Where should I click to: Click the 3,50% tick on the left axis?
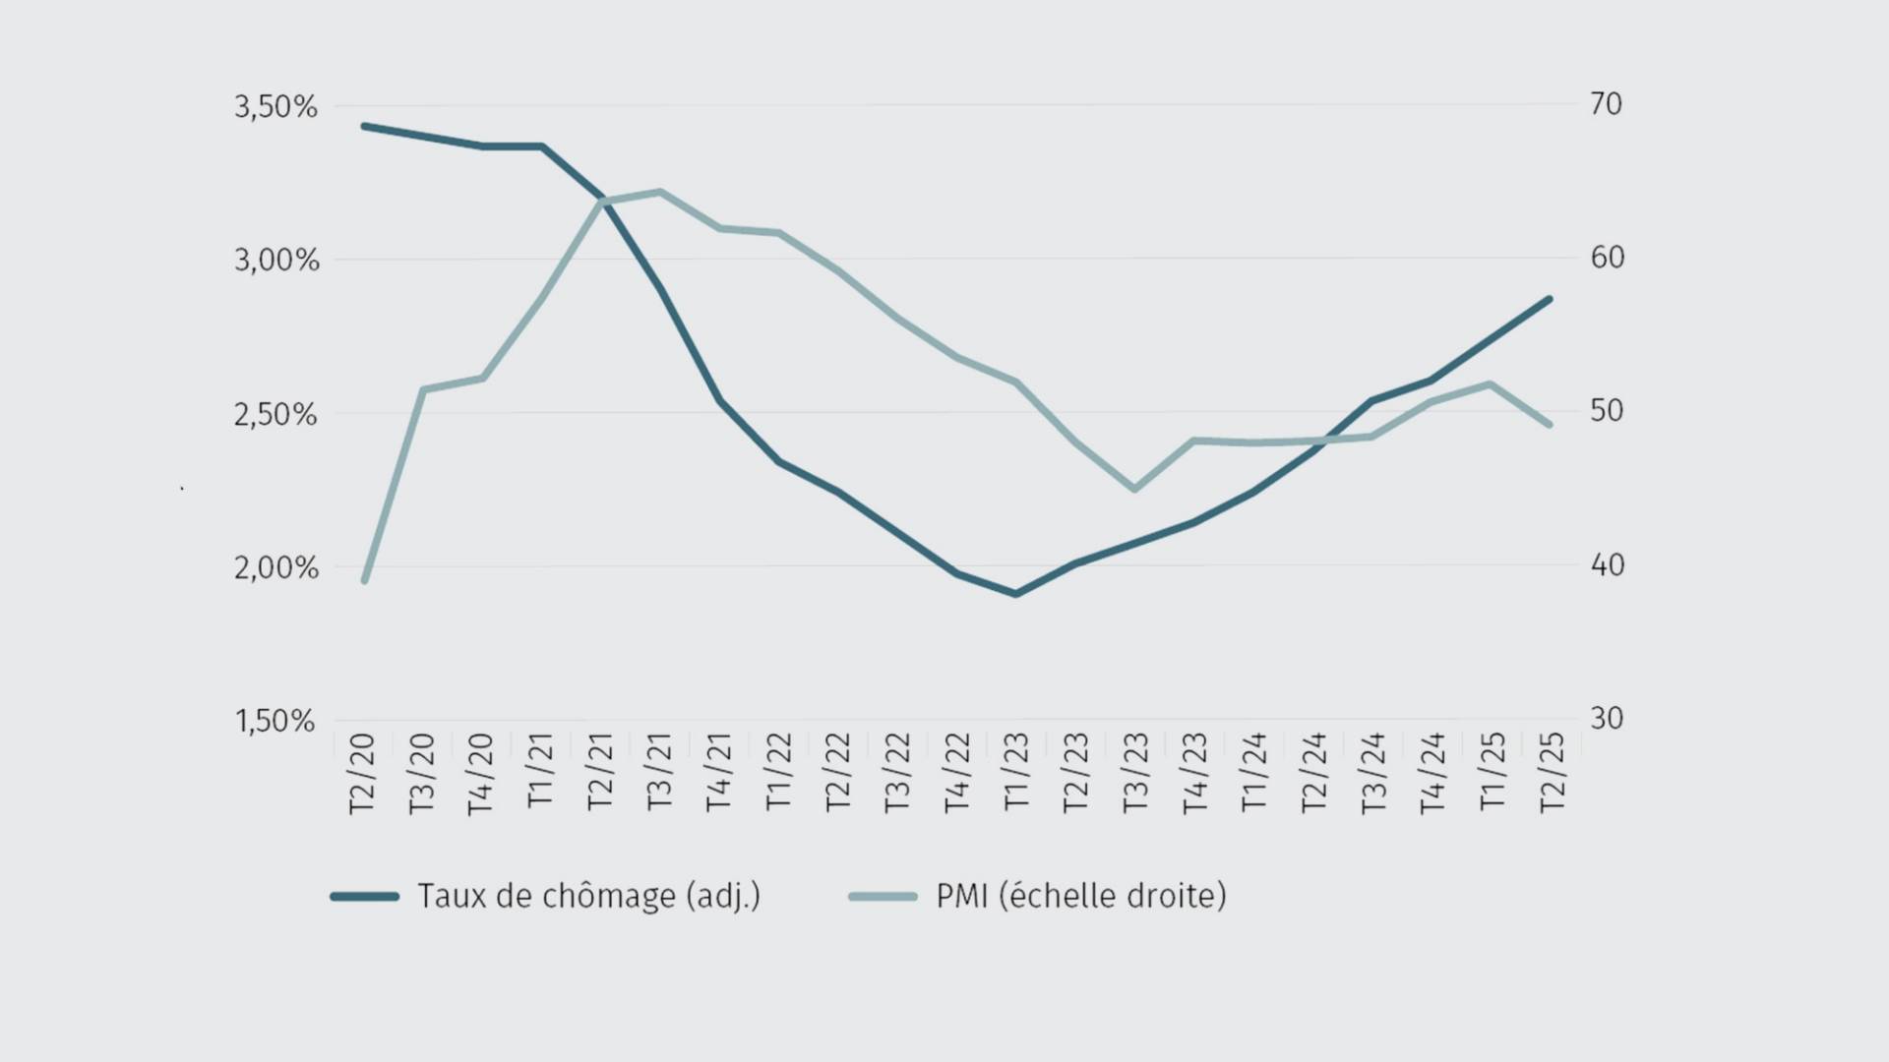[275, 106]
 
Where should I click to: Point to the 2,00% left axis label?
[275, 567]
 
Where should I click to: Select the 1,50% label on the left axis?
[274, 721]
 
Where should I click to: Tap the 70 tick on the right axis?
[1606, 103]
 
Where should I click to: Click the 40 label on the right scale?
[1607, 564]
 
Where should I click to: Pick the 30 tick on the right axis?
[1606, 718]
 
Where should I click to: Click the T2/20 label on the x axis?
[362, 773]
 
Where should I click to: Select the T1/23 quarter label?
[1016, 773]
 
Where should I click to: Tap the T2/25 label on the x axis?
[1552, 773]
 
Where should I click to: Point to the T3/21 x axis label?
[659, 773]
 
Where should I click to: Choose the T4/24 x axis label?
[1432, 773]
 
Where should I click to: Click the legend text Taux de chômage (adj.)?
[588, 896]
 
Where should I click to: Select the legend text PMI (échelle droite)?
[1080, 896]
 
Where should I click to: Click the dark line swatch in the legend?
[365, 896]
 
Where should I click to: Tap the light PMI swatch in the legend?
[883, 896]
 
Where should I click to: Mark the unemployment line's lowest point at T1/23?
[1016, 594]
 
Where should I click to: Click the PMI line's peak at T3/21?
[659, 192]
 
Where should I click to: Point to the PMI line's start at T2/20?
[365, 580]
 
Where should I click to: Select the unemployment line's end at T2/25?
[1551, 299]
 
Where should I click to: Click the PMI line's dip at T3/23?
[1134, 489]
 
